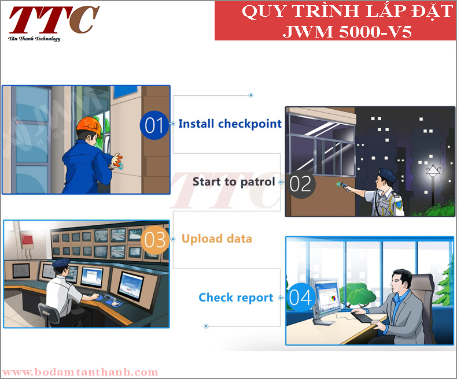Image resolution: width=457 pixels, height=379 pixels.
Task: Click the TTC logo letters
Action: [54, 20]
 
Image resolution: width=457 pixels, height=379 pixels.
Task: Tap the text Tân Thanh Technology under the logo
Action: [34, 39]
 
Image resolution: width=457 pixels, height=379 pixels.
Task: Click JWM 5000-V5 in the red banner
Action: [347, 31]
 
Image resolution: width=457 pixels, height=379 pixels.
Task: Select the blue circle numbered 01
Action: [154, 125]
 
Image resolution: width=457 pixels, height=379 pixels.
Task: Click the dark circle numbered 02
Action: [300, 184]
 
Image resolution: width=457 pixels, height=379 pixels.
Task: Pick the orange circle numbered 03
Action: [154, 240]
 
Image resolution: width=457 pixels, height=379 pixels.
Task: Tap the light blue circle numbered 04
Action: [300, 298]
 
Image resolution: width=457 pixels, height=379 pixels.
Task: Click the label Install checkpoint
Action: [230, 124]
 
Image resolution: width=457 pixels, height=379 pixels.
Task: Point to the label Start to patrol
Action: [234, 181]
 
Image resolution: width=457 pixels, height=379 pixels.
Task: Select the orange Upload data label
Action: [216, 239]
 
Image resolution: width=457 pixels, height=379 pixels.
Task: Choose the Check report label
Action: [236, 298]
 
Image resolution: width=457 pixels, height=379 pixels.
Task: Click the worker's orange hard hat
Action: [89, 127]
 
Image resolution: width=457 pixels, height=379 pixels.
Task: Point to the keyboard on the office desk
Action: [362, 317]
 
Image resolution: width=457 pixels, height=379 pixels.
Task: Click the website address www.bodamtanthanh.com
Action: [80, 372]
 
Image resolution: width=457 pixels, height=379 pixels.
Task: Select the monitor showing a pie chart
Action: [326, 300]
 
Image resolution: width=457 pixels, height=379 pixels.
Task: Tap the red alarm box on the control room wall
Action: [27, 240]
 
